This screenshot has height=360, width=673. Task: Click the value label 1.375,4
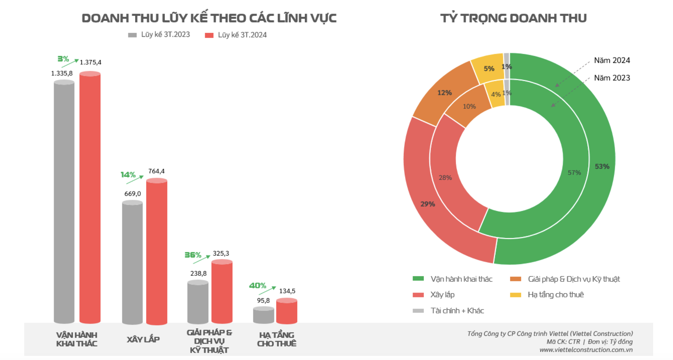90,62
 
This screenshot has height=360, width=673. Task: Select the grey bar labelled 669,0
132,263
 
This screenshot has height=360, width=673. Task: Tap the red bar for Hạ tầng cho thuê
287,311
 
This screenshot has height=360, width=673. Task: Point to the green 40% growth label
257,285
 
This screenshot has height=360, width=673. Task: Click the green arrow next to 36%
201,259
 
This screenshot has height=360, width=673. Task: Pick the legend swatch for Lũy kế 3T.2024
209,35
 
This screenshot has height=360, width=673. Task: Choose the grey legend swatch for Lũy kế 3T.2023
132,35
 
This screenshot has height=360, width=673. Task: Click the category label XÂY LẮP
143,339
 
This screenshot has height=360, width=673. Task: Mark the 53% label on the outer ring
602,166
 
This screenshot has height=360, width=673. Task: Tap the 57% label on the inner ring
574,172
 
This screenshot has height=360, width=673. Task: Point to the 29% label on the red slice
427,204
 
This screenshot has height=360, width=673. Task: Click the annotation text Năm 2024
612,60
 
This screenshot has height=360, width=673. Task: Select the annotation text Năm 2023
612,78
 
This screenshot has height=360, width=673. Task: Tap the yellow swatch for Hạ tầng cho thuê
515,295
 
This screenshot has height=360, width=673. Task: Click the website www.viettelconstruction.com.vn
586,350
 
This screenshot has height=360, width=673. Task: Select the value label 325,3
221,253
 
